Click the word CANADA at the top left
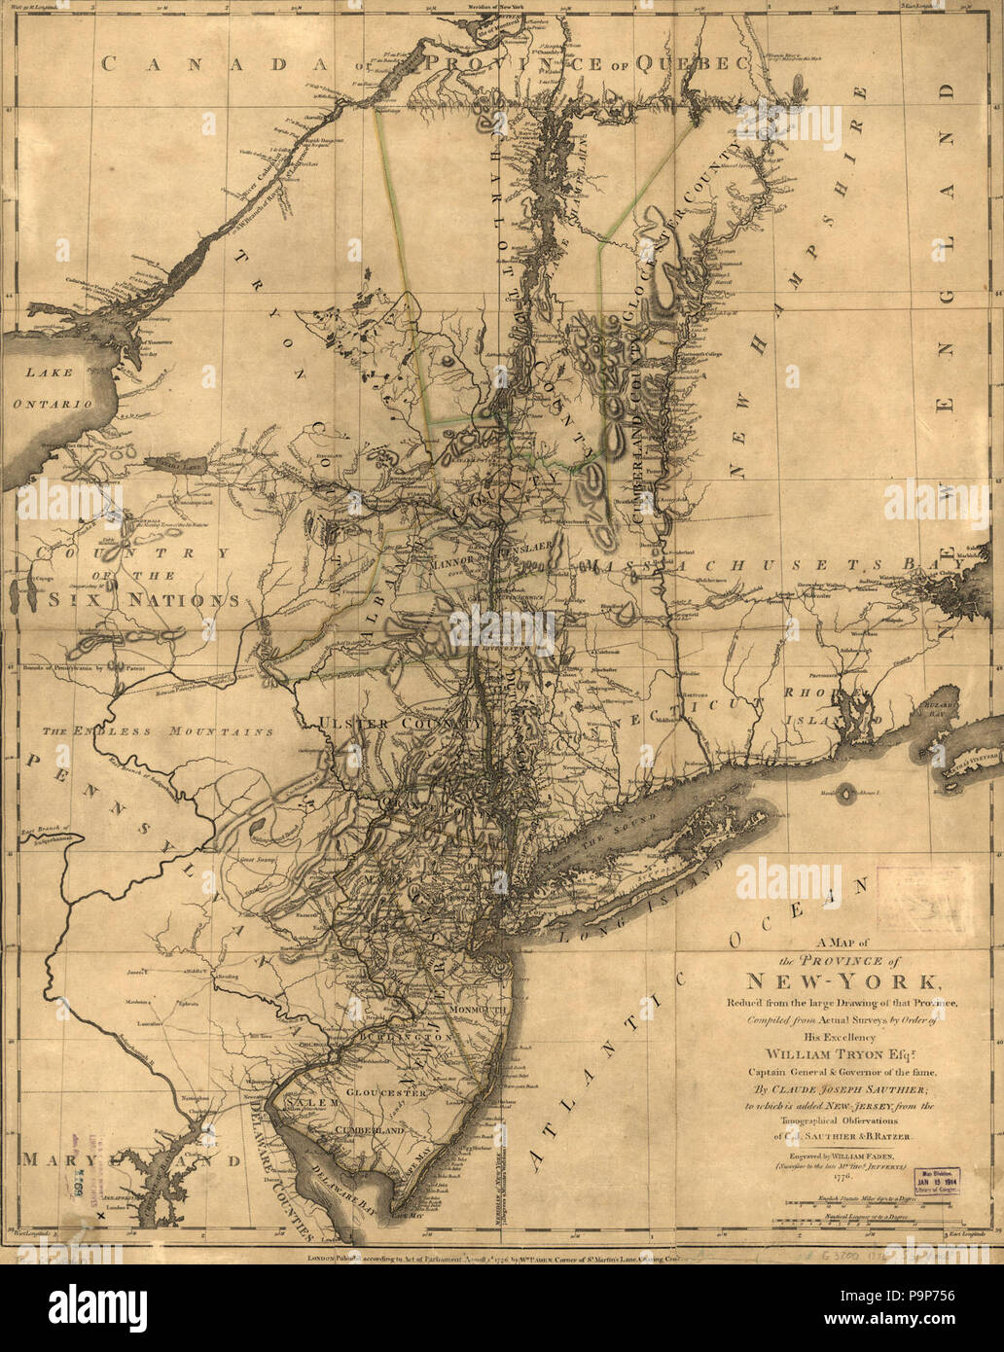[x=195, y=64]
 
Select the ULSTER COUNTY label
[x=399, y=724]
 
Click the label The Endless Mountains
[x=157, y=730]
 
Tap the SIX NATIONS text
[x=132, y=600]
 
